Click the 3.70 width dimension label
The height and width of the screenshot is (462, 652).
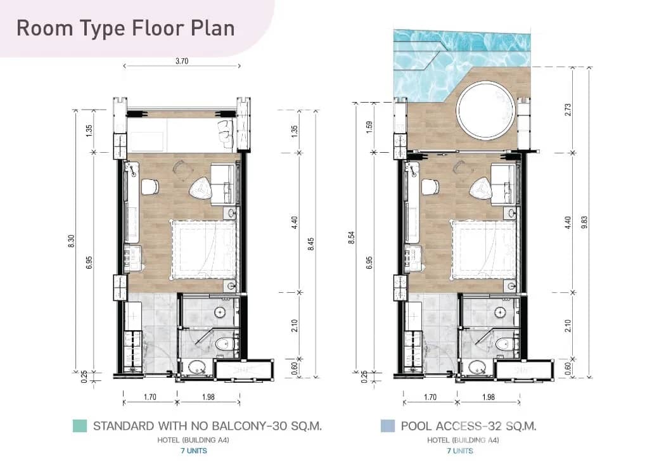pyautogui.click(x=182, y=61)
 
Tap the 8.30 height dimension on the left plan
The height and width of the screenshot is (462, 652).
pyautogui.click(x=71, y=241)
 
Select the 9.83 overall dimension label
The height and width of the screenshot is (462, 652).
pyautogui.click(x=585, y=222)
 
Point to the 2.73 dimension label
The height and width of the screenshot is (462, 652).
pyautogui.click(x=568, y=110)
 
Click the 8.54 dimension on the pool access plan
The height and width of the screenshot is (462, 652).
pyautogui.click(x=352, y=238)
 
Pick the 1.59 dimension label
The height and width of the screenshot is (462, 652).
pyautogui.click(x=369, y=127)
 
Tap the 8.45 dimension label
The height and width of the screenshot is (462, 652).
pyautogui.click(x=310, y=244)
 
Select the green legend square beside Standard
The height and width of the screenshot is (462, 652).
pyautogui.click(x=80, y=426)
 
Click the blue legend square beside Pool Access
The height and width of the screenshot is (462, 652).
pyautogui.click(x=388, y=426)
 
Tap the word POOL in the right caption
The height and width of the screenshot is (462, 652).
pyautogui.click(x=414, y=426)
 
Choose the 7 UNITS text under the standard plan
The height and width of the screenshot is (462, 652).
pyautogui.click(x=194, y=451)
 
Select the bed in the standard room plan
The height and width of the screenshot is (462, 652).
pyautogui.click(x=204, y=250)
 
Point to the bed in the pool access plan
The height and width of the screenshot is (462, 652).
pyautogui.click(x=484, y=250)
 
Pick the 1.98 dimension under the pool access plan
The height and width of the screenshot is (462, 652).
pyautogui.click(x=489, y=397)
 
